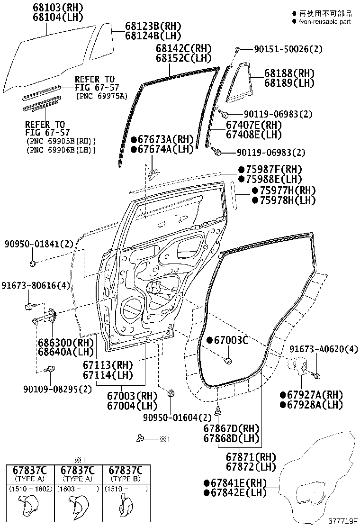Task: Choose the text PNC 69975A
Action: pyautogui.click(x=102, y=96)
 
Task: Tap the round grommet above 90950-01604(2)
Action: pyautogui.click(x=171, y=393)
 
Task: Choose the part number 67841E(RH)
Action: pyautogui.click(x=235, y=483)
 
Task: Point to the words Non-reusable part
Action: pyautogui.click(x=324, y=22)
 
